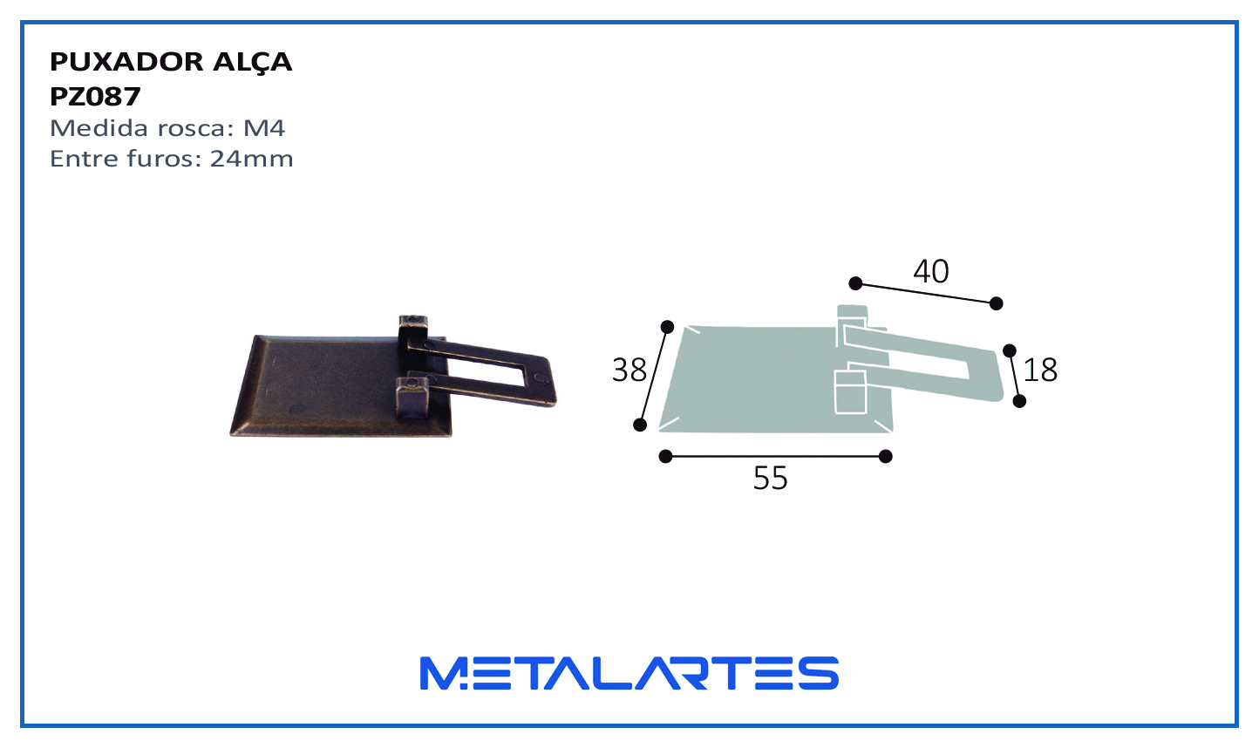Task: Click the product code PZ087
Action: (95, 97)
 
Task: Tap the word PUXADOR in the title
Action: (126, 61)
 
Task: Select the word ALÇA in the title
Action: (252, 62)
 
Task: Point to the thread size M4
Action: (263, 128)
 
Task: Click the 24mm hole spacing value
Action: (251, 159)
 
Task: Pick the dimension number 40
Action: (931, 271)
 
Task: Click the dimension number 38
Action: (629, 371)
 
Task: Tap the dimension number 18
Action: (1040, 370)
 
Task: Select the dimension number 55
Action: (770, 479)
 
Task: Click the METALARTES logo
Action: (629, 673)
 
